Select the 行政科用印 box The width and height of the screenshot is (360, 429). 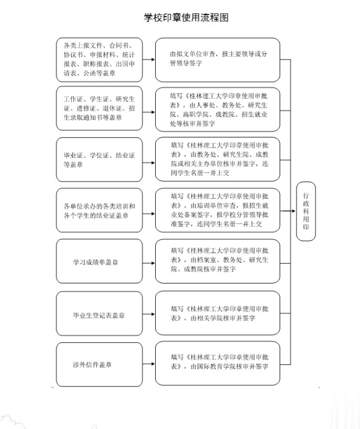click(x=306, y=211)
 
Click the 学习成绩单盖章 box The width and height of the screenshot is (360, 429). click(x=100, y=262)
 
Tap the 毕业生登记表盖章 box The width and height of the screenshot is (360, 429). click(x=100, y=315)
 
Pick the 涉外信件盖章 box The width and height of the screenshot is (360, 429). click(x=100, y=364)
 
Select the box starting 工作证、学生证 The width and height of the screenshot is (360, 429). click(x=100, y=108)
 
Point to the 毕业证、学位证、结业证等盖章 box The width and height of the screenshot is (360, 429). click(x=100, y=160)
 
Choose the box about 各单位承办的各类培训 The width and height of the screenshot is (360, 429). click(x=100, y=211)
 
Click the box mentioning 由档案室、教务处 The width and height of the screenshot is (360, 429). click(x=218, y=261)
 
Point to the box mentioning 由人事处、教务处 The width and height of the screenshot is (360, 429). click(x=218, y=109)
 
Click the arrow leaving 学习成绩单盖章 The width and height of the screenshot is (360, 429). click(x=149, y=262)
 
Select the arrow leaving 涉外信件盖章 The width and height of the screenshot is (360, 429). click(x=149, y=364)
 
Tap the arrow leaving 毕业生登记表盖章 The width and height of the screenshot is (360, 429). click(x=149, y=314)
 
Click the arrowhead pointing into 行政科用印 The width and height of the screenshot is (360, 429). click(x=294, y=211)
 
